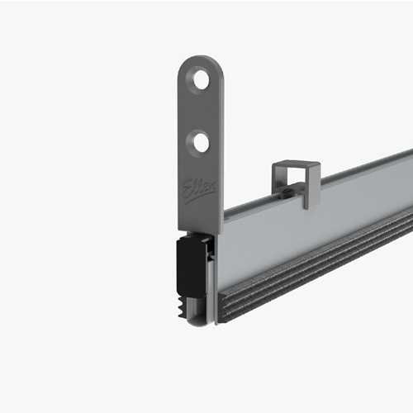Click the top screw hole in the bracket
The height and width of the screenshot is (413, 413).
tap(201, 80)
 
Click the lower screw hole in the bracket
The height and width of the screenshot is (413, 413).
tap(201, 142)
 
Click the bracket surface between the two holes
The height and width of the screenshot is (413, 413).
tap(201, 112)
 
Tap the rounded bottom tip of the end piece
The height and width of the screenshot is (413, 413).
tap(197, 320)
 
